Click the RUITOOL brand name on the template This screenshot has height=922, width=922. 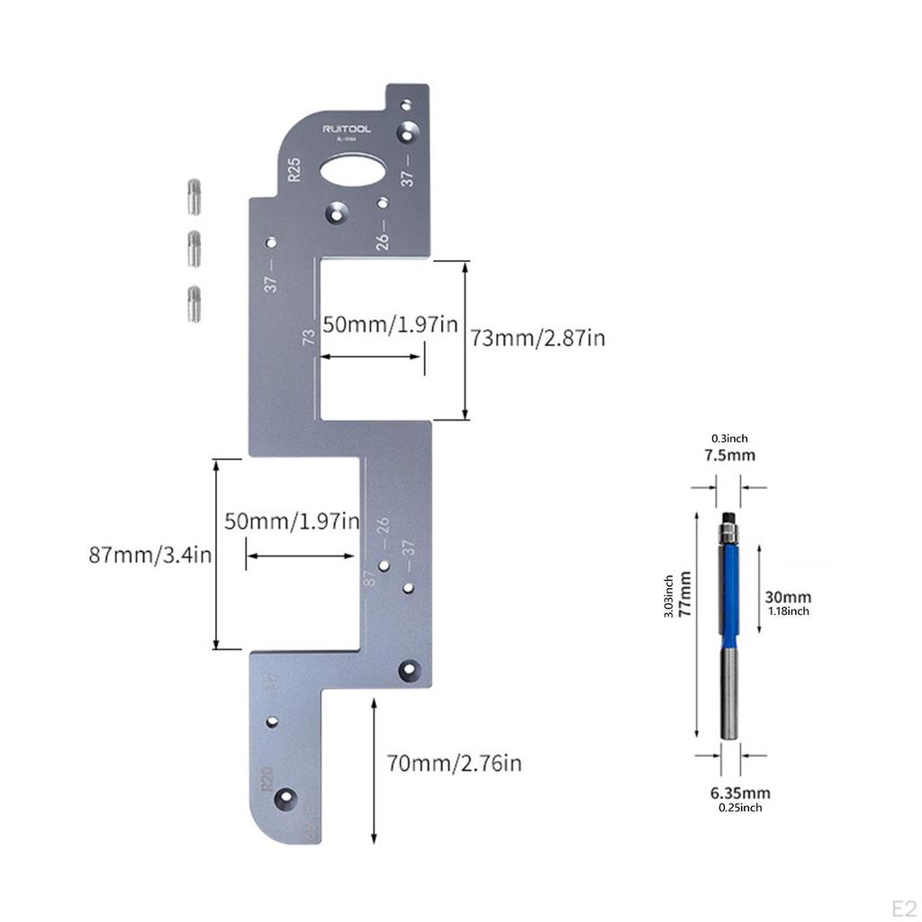[347, 130]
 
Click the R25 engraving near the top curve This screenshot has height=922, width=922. [294, 169]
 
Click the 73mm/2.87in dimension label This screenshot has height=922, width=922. [538, 339]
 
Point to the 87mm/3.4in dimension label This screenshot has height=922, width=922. [149, 555]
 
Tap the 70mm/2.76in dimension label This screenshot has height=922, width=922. [454, 764]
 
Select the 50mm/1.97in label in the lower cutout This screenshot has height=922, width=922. [292, 521]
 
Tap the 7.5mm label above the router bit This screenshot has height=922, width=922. [729, 455]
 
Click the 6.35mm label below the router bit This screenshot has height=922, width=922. [740, 793]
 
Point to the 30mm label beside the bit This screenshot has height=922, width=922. [788, 597]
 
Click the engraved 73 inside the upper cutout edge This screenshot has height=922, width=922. [308, 338]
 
